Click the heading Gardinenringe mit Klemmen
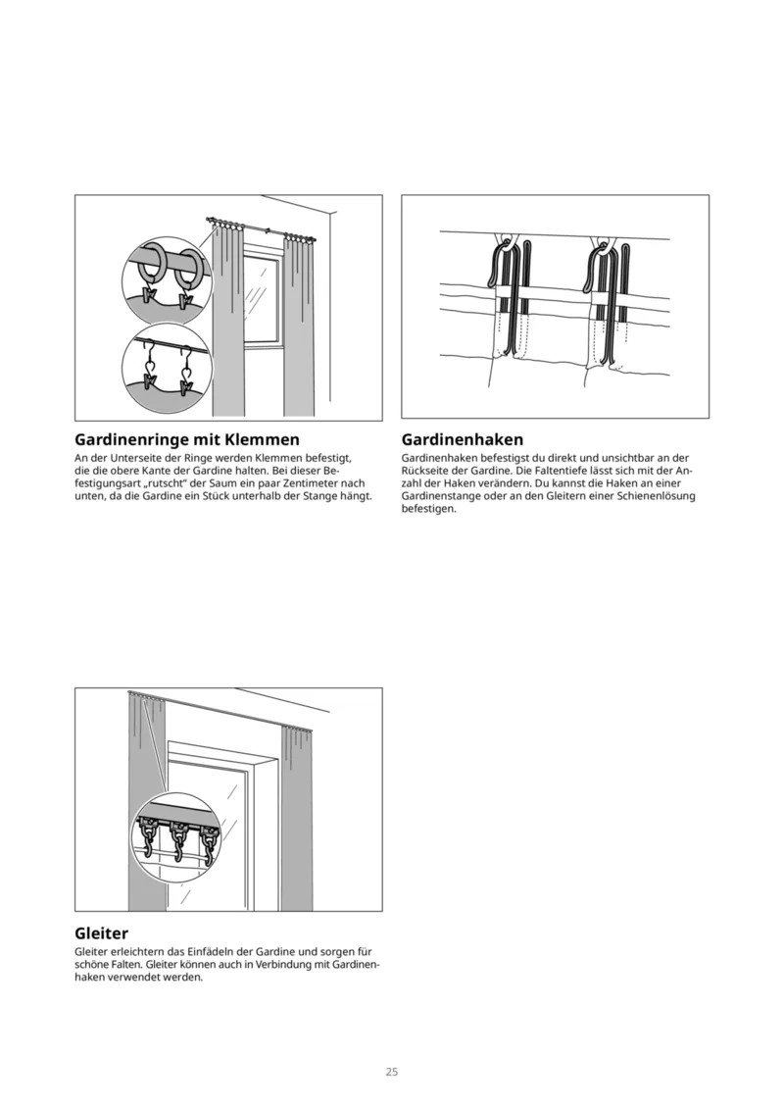tap(187, 439)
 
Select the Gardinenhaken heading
tap(463, 439)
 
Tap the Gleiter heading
tap(102, 933)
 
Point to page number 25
tap(391, 1072)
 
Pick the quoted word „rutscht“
tap(145, 483)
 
